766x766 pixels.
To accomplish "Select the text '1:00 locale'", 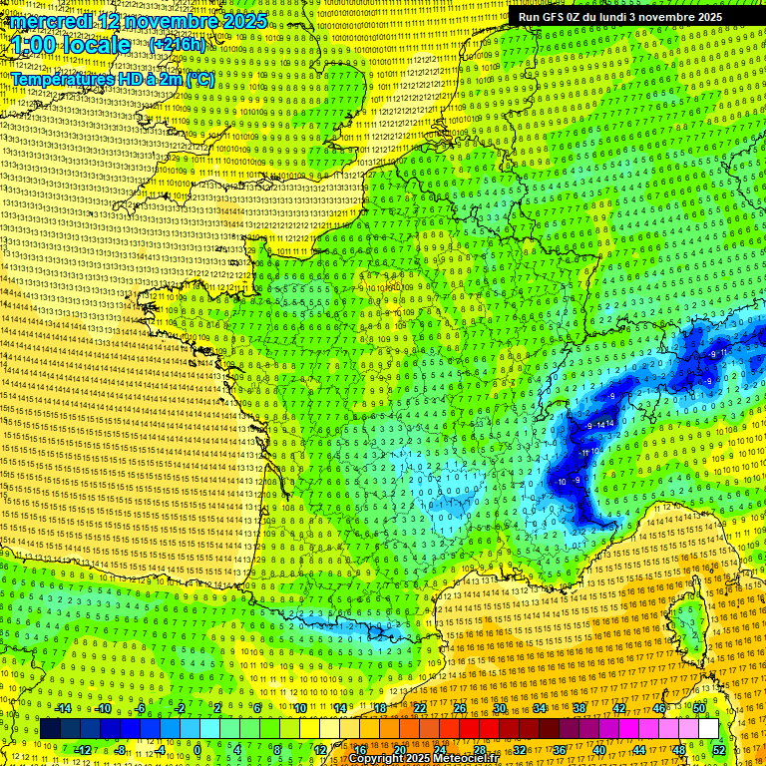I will (70, 45).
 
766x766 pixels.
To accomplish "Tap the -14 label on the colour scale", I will (62, 708).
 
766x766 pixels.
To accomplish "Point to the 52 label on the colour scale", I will (719, 749).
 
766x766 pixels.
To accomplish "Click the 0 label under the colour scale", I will (197, 749).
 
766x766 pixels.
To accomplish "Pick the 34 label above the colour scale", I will (539, 708).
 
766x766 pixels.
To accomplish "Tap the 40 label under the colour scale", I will (599, 749).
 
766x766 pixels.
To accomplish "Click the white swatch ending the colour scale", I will (708, 729).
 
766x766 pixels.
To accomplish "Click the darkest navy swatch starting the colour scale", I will (50, 729).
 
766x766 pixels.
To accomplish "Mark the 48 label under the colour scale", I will (679, 749).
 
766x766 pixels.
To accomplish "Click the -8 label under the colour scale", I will (120, 749).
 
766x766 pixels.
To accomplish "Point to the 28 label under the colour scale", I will (479, 749).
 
